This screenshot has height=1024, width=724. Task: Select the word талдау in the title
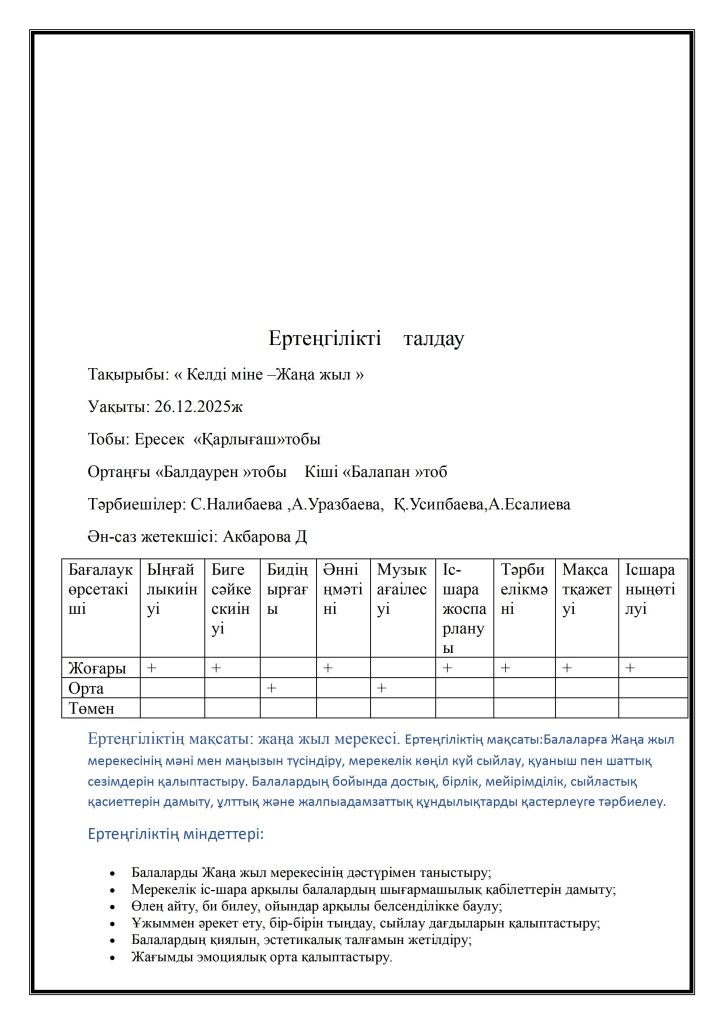click(433, 339)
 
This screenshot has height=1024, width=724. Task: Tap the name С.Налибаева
click(238, 504)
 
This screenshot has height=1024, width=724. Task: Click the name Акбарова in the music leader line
click(259, 537)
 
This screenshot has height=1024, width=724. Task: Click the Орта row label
click(86, 688)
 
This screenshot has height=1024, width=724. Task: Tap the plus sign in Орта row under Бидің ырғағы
click(271, 688)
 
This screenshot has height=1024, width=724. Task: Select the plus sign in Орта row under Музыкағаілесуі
click(381, 688)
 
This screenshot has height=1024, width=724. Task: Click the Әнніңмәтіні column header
click(342, 590)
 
